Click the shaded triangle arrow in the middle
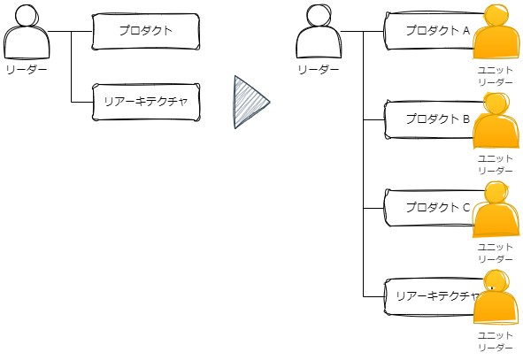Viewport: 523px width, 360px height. pyautogui.click(x=249, y=102)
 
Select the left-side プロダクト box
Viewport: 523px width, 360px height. pyautogui.click(x=146, y=32)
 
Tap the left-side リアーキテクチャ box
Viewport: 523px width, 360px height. pyautogui.click(x=146, y=102)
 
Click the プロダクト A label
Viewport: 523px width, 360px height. pyautogui.click(x=438, y=31)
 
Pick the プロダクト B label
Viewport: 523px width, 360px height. pyautogui.click(x=438, y=119)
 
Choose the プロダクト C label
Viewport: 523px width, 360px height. pyautogui.click(x=438, y=207)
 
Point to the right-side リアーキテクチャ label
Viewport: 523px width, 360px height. pyautogui.click(x=438, y=296)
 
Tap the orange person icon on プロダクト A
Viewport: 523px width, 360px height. pyautogui.click(x=496, y=32)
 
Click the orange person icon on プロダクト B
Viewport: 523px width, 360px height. pyautogui.click(x=496, y=120)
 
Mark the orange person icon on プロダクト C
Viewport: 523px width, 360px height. pyautogui.click(x=496, y=209)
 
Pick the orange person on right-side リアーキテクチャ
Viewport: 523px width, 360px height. pyautogui.click(x=496, y=297)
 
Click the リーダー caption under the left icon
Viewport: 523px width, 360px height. pyautogui.click(x=27, y=70)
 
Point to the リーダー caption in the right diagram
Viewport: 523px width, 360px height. pyautogui.click(x=319, y=70)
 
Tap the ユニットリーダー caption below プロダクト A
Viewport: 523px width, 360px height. pyautogui.click(x=496, y=76)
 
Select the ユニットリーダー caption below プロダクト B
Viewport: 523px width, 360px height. pyautogui.click(x=496, y=165)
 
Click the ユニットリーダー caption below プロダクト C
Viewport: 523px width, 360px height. pyautogui.click(x=496, y=253)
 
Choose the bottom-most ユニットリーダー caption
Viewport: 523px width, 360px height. pyautogui.click(x=496, y=341)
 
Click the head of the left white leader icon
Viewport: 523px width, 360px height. pyautogui.click(x=27, y=15)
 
